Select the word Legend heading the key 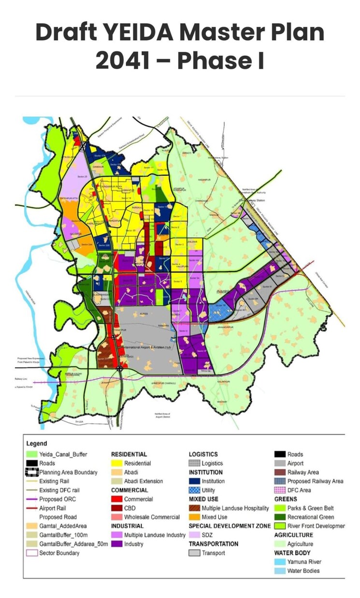point(37,443)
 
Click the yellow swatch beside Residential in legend point(116,463)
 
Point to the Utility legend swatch point(194,490)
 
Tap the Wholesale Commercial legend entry point(151,517)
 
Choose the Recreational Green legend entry point(310,517)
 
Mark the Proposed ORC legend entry point(57,499)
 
